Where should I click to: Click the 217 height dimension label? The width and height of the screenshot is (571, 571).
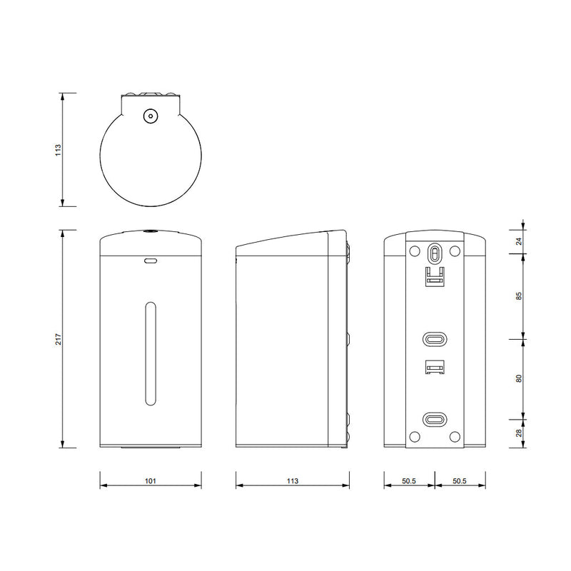coord(59,340)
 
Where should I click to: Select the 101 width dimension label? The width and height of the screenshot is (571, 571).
coord(150,481)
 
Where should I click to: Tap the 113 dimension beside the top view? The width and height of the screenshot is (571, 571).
coord(59,149)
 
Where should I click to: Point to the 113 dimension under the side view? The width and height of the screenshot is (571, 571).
coord(291,481)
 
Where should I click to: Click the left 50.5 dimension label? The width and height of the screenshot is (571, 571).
coord(408,481)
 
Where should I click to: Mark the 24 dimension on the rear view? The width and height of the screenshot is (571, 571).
coord(519,241)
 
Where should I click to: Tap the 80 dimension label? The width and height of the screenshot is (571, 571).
coord(519,378)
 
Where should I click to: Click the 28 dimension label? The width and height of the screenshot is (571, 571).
coord(519,433)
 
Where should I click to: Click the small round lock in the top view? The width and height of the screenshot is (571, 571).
coord(150,115)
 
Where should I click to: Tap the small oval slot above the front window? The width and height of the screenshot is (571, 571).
coord(150,261)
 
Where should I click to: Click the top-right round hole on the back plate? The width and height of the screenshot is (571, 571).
coord(455,251)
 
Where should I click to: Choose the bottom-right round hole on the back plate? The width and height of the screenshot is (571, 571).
coord(455,437)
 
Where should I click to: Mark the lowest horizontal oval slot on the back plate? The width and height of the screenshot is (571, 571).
coord(435,419)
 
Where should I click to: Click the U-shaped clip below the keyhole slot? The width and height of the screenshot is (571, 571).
coord(435,276)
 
